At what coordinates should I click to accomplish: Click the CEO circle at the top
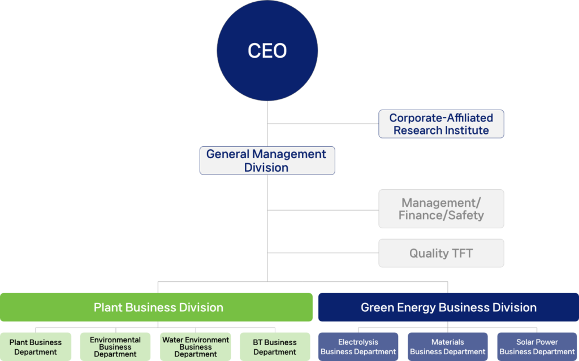click(267, 51)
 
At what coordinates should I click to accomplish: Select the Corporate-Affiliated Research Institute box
click(441, 124)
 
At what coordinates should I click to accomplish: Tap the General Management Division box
click(267, 160)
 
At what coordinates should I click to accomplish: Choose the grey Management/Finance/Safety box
click(441, 208)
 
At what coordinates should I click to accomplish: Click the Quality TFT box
click(441, 253)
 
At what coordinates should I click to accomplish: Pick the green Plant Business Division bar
click(157, 307)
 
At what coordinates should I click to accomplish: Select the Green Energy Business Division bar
click(448, 307)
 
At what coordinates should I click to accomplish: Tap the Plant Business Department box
click(36, 347)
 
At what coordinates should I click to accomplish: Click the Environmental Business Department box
click(115, 347)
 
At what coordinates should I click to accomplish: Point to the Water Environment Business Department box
click(196, 347)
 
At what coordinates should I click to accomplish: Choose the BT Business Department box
click(275, 347)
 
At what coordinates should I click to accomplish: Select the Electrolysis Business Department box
click(358, 347)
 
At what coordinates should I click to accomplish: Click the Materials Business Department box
click(448, 347)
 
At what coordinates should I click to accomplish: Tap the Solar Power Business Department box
click(537, 347)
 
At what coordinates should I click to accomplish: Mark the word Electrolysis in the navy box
click(358, 342)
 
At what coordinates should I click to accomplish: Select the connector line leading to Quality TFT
click(322, 253)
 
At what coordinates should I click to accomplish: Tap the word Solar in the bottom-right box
click(526, 342)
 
